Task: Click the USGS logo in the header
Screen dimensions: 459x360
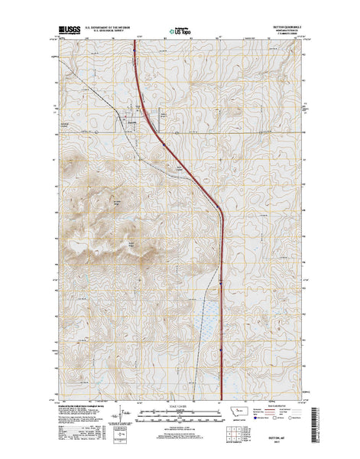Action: pos(67,33)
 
